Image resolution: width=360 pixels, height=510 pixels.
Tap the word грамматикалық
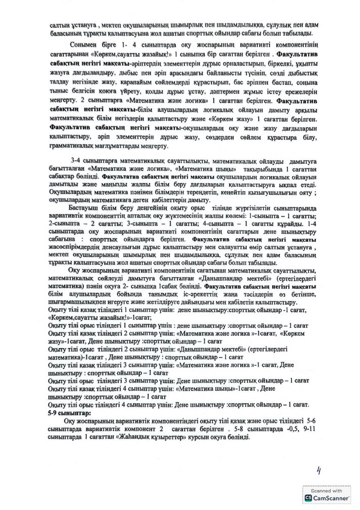[71, 147]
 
